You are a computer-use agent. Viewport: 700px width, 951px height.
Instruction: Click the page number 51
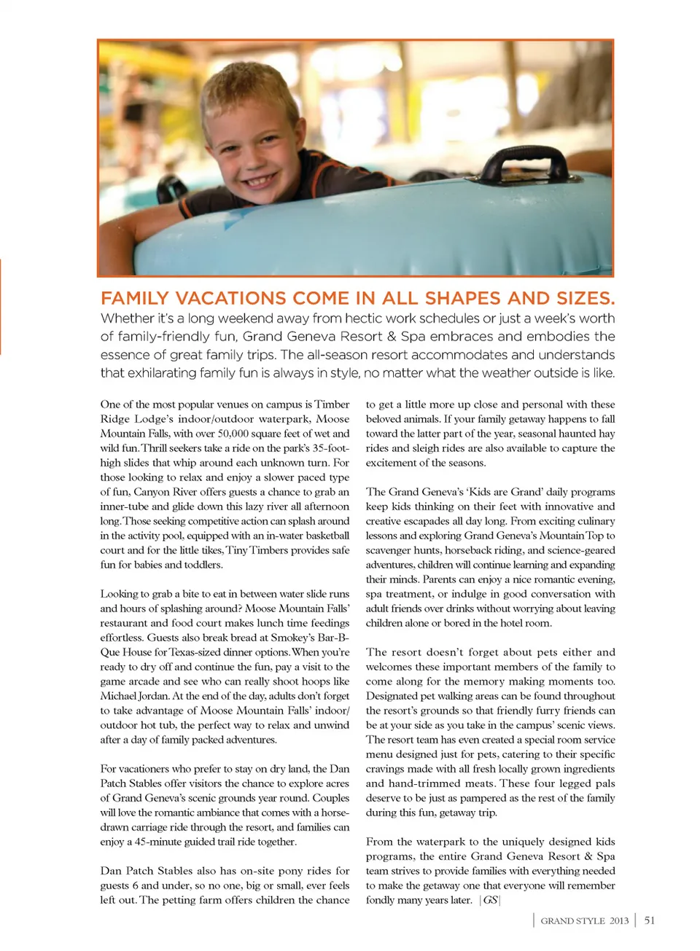(650, 920)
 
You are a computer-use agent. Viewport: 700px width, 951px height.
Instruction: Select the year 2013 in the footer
(619, 921)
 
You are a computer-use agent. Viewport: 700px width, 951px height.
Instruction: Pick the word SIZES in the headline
(584, 299)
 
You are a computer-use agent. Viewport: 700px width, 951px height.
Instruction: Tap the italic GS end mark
(490, 900)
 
